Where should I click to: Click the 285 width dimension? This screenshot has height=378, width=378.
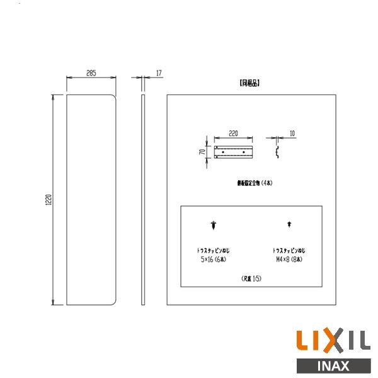coord(91,74)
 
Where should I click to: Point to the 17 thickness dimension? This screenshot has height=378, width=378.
coord(159,74)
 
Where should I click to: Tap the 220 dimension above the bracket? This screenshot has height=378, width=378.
coord(233,133)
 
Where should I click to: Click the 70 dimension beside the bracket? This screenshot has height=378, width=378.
coord(203,152)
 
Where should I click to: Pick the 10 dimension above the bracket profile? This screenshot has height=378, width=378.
coord(292,133)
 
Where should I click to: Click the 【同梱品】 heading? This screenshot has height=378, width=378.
coord(249,83)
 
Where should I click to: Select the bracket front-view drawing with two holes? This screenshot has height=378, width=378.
coord(234,152)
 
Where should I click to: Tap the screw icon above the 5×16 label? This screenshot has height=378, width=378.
coord(215,224)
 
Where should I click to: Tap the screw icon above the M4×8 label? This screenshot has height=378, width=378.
coord(289,224)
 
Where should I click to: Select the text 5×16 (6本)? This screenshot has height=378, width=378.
coord(214,259)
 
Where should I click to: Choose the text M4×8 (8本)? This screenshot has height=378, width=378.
coord(289,259)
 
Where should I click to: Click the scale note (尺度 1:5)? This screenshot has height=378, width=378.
coord(252,278)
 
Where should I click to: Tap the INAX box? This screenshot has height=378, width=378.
coord(333,365)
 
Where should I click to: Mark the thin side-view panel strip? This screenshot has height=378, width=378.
coord(143,200)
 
